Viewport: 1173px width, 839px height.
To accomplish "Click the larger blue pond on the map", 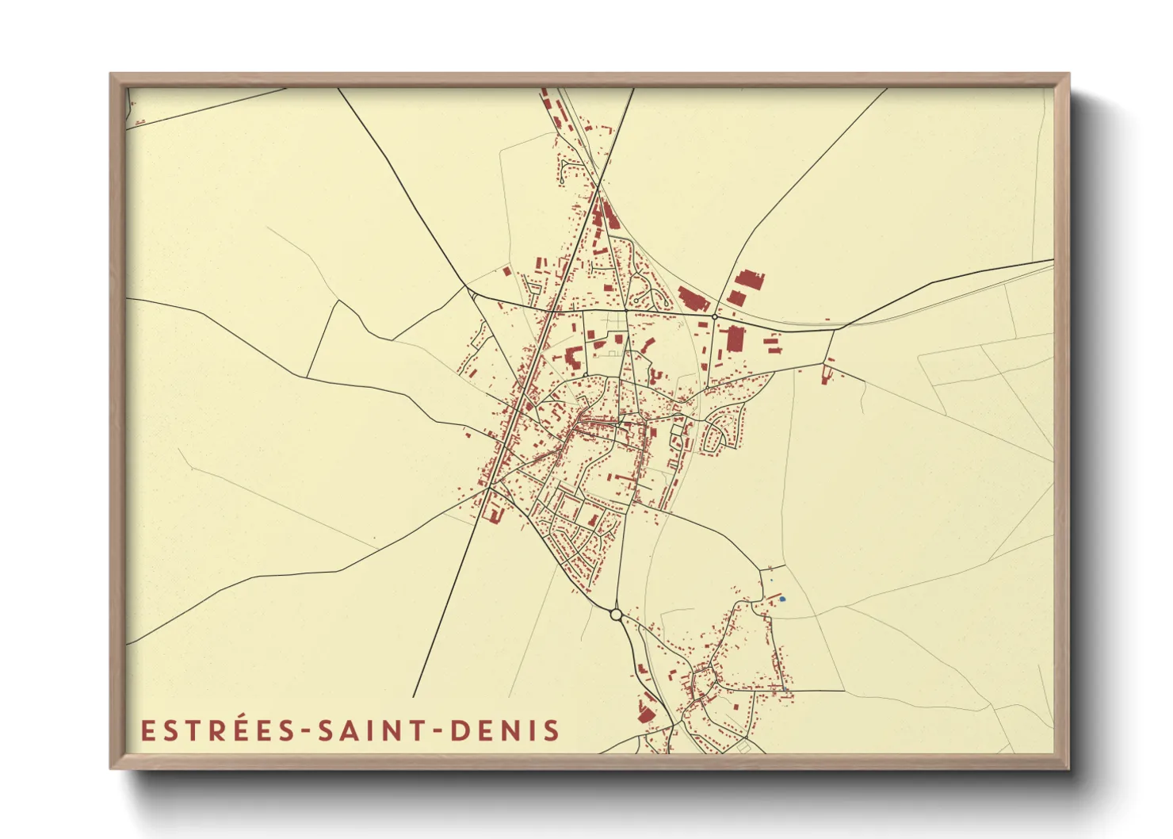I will click(781, 599).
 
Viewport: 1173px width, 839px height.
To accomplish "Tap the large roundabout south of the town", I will click(616, 614).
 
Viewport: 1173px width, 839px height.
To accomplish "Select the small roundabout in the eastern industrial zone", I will click(714, 316).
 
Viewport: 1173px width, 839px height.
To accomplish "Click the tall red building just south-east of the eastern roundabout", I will click(735, 339).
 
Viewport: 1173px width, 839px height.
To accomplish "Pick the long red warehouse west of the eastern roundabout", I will click(692, 301).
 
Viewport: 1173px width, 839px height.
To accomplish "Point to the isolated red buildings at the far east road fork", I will click(827, 371).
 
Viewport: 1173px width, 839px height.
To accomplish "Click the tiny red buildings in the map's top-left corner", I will click(139, 122).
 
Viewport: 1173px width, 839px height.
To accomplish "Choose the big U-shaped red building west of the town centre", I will click(572, 356).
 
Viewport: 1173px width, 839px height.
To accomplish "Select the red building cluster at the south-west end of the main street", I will click(494, 508).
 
